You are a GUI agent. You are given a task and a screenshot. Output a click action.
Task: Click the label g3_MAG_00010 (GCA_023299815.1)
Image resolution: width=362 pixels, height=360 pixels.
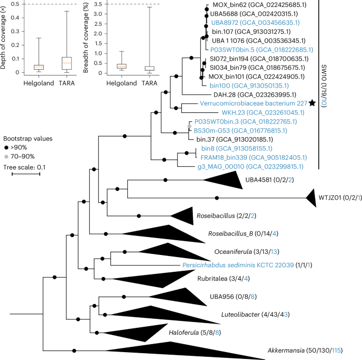pos(250,166)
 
